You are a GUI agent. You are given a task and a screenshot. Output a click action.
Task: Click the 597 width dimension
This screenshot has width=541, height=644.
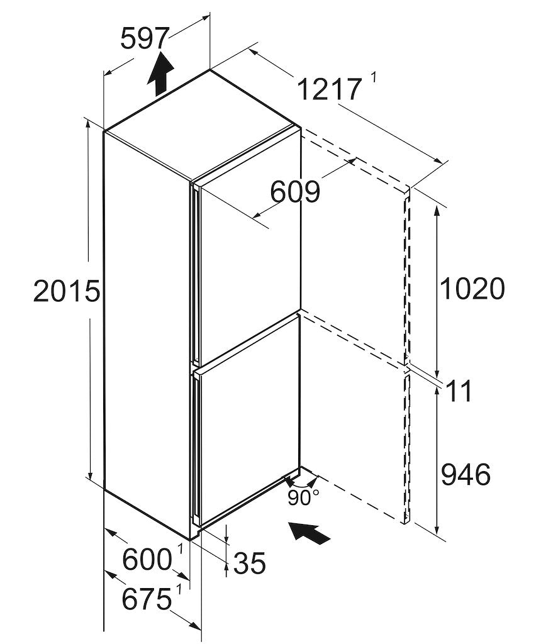click(145, 39)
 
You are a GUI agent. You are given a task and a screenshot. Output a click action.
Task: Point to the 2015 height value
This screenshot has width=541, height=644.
click(67, 292)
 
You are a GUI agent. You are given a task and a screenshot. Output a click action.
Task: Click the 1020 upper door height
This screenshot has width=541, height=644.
click(472, 289)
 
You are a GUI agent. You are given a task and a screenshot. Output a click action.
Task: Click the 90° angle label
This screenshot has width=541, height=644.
click(304, 498)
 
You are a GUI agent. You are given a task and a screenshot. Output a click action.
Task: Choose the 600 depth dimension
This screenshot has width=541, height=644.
click(147, 559)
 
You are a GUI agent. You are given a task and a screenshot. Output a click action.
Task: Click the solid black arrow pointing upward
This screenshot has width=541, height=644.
click(160, 72)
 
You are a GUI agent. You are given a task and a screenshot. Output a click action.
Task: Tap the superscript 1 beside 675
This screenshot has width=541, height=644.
click(179, 589)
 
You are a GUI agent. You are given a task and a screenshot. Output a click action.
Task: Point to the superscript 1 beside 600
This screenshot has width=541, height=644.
click(180, 549)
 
